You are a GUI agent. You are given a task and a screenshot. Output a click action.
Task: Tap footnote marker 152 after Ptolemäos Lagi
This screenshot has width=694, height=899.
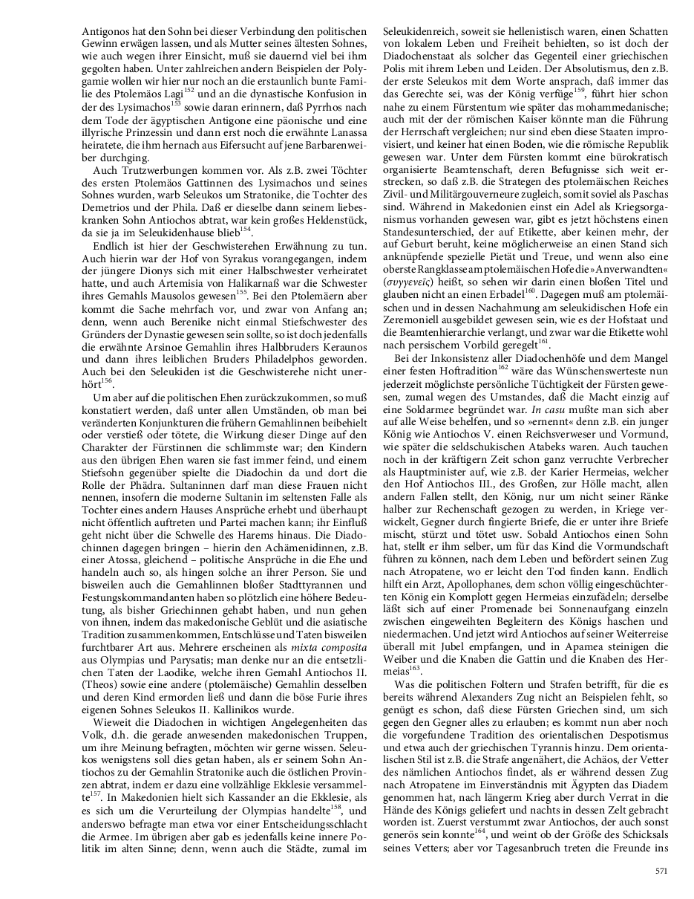pyautogui.click(x=189, y=89)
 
